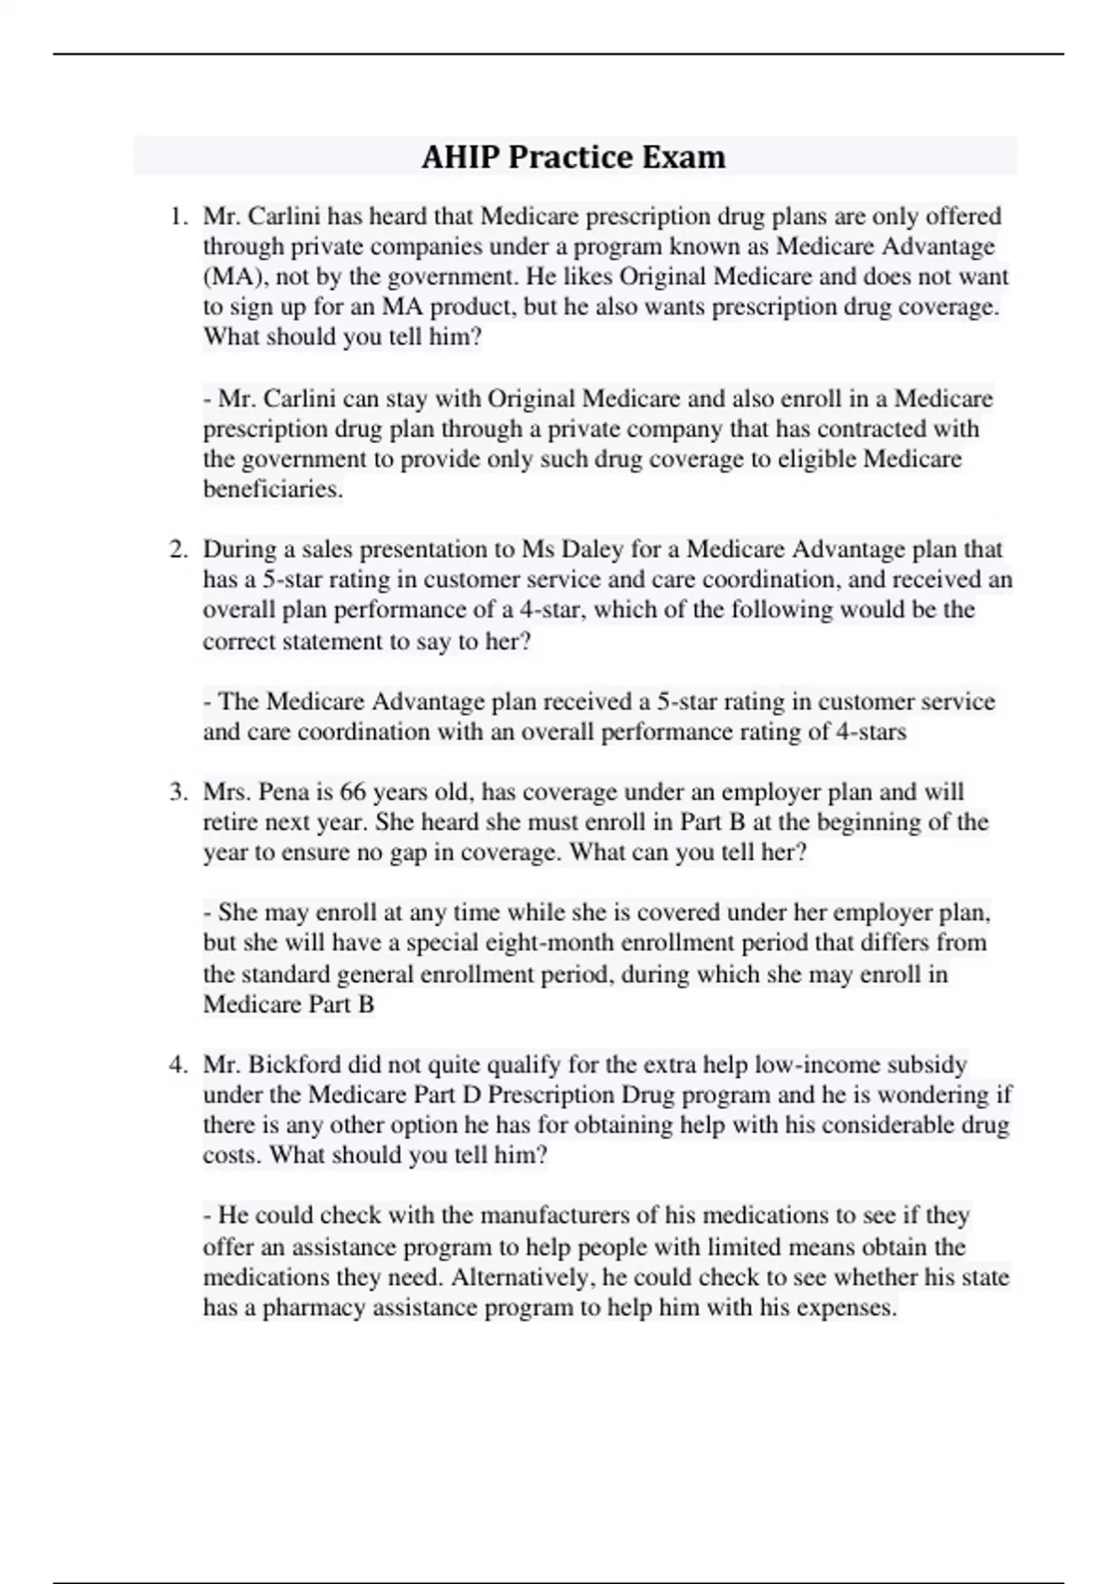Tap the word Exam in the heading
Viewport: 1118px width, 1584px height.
[x=688, y=157]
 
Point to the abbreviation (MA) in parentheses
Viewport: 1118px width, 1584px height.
[x=229, y=277]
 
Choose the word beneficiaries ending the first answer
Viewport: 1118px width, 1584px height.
[x=273, y=489]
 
